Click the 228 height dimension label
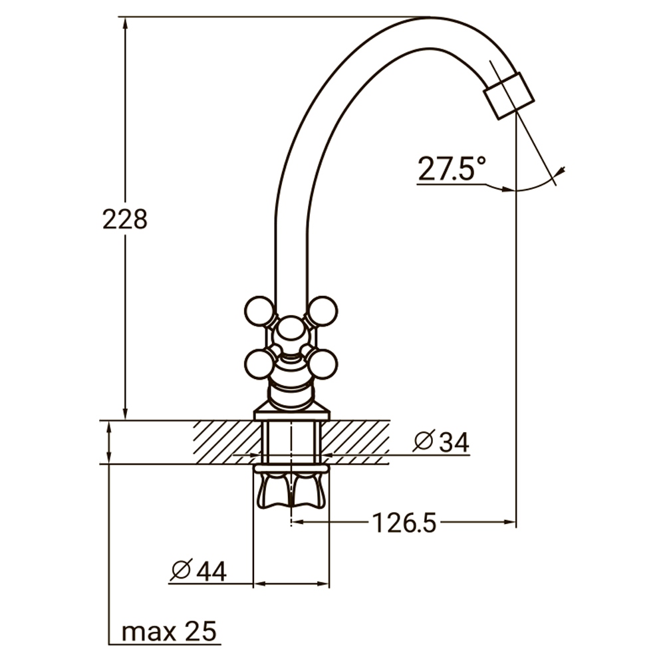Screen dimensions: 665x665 (124, 219)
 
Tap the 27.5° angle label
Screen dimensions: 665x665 (452, 169)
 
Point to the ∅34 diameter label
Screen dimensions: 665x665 (441, 441)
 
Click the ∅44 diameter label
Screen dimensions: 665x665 (198, 570)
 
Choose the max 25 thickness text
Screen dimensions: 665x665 (170, 631)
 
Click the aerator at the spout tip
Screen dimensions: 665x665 (509, 96)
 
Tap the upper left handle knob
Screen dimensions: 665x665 (259, 311)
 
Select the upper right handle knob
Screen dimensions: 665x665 (323, 311)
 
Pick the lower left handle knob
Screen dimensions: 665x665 (259, 364)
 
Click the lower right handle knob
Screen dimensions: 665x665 (323, 364)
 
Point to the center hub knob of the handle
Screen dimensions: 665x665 (290, 329)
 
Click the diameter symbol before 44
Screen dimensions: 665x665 (181, 569)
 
